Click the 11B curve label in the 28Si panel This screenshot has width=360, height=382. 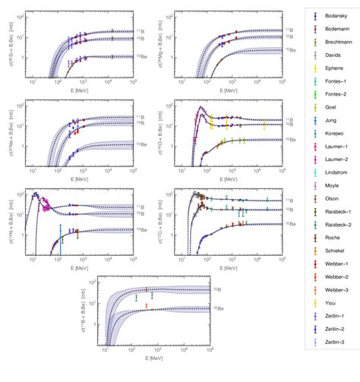point(141,32)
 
